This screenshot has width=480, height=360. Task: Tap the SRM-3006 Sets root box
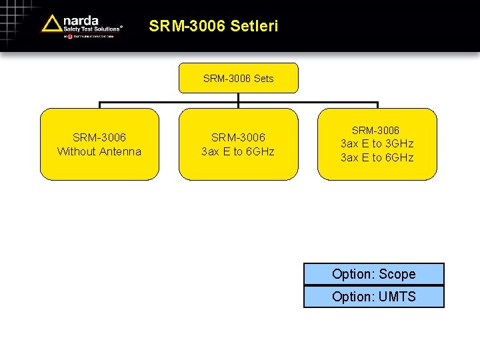tap(238, 78)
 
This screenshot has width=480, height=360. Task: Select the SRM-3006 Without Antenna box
tap(99, 144)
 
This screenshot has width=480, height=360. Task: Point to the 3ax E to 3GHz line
tap(377, 143)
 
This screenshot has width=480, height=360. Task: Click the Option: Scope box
tap(373, 274)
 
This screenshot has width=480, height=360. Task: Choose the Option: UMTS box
tap(373, 297)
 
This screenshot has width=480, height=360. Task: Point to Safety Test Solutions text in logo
tap(92, 29)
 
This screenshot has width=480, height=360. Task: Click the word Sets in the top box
tap(263, 79)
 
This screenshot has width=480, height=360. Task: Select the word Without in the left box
tap(75, 151)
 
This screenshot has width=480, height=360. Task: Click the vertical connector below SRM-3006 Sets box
tap(238, 99)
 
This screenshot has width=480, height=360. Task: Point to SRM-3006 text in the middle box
tap(238, 137)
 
